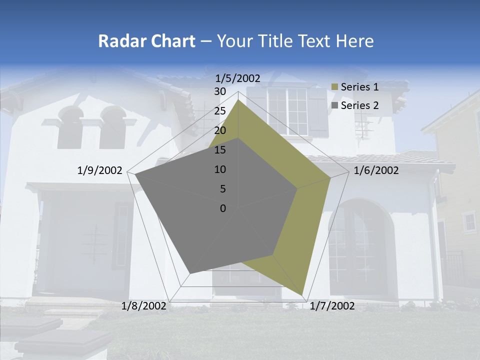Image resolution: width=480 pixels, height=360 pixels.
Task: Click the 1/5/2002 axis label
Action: point(237,78)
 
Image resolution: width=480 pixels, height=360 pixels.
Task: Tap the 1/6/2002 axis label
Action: point(376,170)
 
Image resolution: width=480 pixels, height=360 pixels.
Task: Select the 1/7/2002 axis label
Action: point(332,306)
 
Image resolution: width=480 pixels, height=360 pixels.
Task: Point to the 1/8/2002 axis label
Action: point(144,306)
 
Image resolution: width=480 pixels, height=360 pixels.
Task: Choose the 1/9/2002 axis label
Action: point(100,170)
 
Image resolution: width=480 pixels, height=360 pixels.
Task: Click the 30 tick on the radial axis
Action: point(220,91)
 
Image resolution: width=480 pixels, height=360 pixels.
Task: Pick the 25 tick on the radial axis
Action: point(220,111)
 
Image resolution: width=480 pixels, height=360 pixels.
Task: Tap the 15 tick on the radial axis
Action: point(220,150)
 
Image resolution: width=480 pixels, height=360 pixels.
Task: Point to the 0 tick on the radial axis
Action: point(223,208)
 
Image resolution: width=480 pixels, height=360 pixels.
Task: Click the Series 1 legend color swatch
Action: point(335,87)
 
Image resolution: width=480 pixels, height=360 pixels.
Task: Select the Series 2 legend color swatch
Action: point(335,105)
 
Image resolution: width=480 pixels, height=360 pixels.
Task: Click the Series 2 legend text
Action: point(359,105)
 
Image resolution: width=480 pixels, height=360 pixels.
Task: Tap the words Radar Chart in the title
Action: point(146,41)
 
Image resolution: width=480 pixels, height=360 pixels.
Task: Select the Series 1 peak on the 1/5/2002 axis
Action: point(238,100)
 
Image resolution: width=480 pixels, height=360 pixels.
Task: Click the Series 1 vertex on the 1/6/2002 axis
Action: point(330,177)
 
